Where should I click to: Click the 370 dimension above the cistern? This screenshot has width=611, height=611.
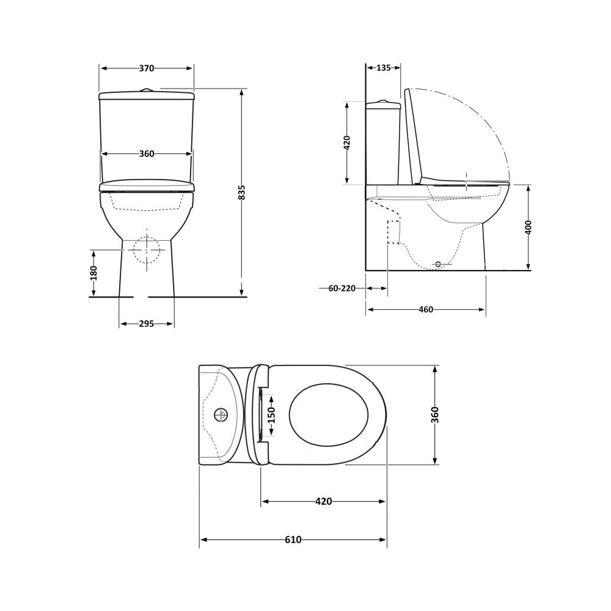(147, 68)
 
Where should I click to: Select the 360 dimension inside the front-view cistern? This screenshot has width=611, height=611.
(147, 154)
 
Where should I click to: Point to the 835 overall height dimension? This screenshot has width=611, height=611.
(242, 192)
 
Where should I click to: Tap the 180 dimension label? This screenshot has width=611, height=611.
(93, 273)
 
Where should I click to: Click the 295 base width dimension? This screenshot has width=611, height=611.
(147, 324)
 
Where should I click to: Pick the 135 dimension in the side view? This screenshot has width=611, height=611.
(383, 68)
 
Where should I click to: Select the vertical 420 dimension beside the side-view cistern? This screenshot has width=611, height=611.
(347, 143)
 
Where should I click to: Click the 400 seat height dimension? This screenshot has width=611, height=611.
(529, 227)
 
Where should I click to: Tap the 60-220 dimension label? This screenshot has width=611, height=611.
(342, 288)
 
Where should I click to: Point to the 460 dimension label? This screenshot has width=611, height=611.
(426, 310)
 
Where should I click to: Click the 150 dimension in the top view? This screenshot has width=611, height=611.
(271, 415)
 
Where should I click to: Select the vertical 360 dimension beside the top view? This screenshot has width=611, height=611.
(435, 415)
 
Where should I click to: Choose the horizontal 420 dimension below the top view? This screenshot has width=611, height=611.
(323, 502)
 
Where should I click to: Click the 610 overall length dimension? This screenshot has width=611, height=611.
(293, 540)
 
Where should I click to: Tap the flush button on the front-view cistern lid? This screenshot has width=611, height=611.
(146, 90)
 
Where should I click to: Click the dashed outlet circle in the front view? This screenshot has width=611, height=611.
(147, 249)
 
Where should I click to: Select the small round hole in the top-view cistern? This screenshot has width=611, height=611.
(221, 415)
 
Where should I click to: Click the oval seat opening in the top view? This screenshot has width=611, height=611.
(329, 415)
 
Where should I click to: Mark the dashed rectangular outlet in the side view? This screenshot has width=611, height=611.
(394, 232)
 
